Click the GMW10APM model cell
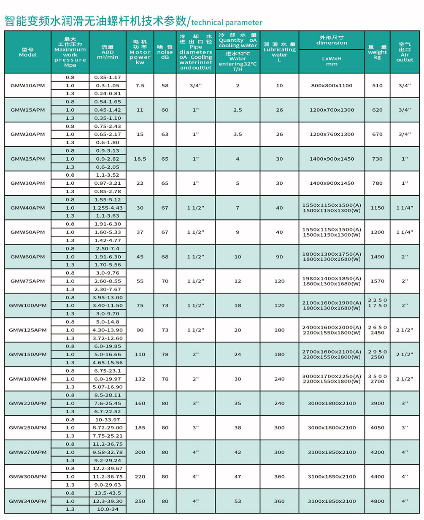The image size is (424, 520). coord(27,86)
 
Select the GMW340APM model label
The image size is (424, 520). coord(27,501)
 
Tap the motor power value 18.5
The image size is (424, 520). coord(140,159)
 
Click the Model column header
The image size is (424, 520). coord(28,52)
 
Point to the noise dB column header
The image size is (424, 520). coord(165,52)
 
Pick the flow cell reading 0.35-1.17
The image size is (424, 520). coord(108,78)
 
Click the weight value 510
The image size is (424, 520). coord(377,86)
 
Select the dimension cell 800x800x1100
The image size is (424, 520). coord(332,86)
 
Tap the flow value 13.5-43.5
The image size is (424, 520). coord(108,493)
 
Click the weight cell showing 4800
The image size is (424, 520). coord(377,501)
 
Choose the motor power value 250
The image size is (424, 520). coord(140,501)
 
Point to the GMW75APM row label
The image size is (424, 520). coord(27,281)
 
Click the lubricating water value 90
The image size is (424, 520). coord(279,256)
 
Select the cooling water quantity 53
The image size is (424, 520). coord(238,501)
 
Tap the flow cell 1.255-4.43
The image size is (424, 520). coord(108,207)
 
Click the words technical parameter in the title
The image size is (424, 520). coord(227,22)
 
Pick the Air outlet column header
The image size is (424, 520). coord(404,52)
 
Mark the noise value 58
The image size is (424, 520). coord(165,86)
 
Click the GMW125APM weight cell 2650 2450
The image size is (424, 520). coord(377,330)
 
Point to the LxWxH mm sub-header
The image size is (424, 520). coord(332,62)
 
